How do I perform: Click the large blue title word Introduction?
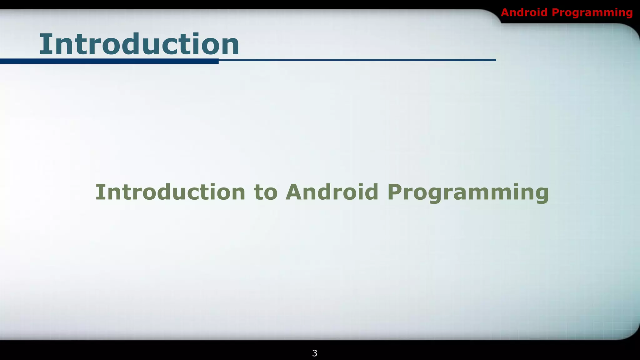click(139, 44)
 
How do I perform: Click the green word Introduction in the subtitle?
click(170, 192)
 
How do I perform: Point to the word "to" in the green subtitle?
click(266, 192)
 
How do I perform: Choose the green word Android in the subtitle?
click(332, 192)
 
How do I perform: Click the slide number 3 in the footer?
click(315, 353)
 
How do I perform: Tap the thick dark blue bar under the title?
click(109, 61)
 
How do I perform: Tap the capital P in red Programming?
click(555, 12)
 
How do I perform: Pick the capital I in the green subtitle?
click(99, 192)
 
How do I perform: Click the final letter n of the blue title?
click(230, 47)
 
